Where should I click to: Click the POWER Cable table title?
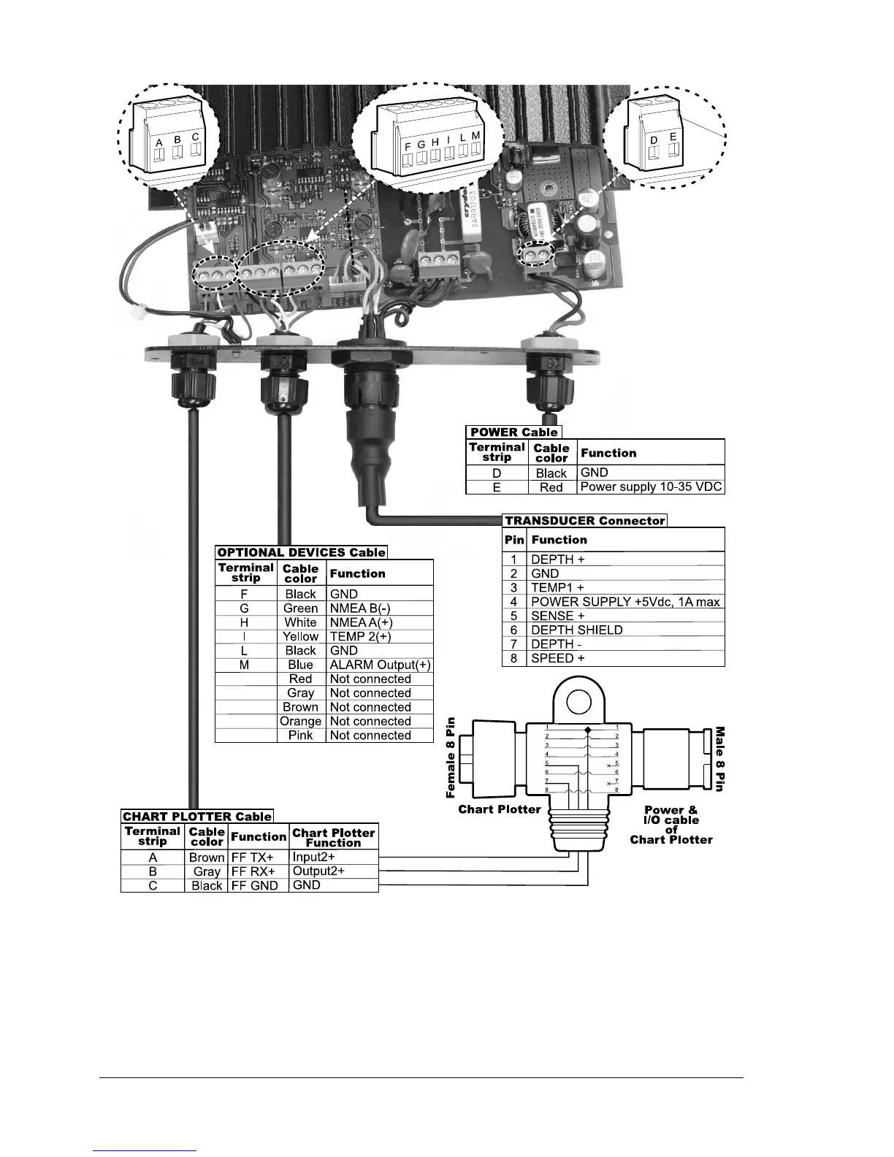513,432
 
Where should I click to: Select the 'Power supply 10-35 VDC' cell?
650,487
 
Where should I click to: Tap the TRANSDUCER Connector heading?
584,521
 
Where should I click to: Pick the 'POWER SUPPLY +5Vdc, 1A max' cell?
624,602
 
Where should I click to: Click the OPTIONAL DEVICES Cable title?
301,552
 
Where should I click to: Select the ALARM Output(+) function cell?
380,665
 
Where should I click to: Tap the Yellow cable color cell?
301,637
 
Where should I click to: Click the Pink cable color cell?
301,736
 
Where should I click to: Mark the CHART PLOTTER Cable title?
197,817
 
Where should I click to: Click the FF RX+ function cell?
253,871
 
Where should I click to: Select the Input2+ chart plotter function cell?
314,857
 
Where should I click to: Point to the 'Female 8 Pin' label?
451,757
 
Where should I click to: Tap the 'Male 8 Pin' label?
719,758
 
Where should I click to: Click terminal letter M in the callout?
475,137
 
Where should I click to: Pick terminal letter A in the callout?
159,143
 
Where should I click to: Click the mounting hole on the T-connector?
579,700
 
